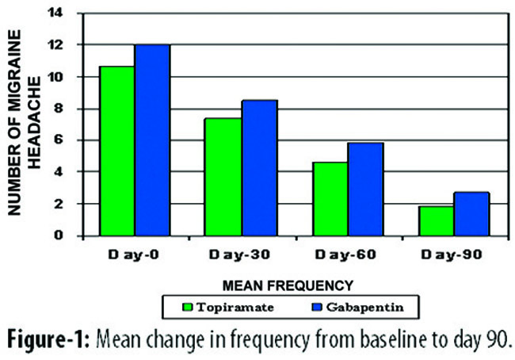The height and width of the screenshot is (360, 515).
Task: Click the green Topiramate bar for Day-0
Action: click(x=117, y=151)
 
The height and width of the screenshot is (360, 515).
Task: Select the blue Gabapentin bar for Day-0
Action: click(x=152, y=140)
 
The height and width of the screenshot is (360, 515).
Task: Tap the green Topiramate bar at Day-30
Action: click(x=223, y=177)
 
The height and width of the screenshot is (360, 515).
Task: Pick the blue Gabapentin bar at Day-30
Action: click(x=259, y=168)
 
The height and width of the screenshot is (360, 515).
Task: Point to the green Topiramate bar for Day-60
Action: click(x=330, y=199)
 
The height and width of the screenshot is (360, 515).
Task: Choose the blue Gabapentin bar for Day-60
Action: click(x=366, y=190)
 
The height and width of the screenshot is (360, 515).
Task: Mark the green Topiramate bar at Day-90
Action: click(x=437, y=221)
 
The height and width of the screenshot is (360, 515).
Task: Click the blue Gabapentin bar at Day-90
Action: click(x=471, y=214)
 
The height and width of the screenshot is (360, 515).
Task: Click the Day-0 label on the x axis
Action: click(x=133, y=255)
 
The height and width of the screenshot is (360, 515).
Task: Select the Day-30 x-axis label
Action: click(x=239, y=255)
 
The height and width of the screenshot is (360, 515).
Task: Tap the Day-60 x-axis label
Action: click(x=345, y=255)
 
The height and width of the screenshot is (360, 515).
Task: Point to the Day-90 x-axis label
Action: click(x=452, y=255)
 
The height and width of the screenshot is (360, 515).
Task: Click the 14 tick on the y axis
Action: click(x=55, y=13)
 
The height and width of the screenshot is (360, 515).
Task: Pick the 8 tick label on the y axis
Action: click(x=59, y=109)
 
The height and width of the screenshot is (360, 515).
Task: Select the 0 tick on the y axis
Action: click(x=59, y=236)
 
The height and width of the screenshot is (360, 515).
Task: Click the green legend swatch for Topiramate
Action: click(x=188, y=307)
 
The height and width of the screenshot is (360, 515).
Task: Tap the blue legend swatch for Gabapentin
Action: click(x=317, y=307)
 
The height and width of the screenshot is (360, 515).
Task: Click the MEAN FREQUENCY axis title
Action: click(x=288, y=285)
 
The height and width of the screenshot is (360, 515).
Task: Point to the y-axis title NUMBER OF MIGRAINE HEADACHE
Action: click(x=24, y=123)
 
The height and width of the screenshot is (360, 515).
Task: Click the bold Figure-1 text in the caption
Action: click(x=48, y=339)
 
